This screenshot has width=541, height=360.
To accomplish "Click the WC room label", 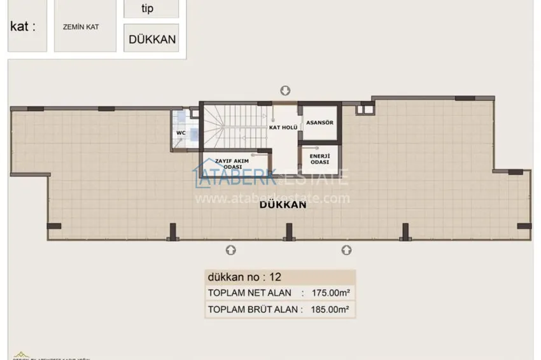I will tap(180, 133).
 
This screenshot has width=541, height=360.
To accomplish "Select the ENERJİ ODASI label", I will tap(319, 158).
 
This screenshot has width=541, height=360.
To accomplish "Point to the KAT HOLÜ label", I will tap(285, 127).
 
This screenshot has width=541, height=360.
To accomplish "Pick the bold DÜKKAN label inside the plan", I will tap(284, 205).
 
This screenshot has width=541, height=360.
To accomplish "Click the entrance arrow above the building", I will tap(285, 90).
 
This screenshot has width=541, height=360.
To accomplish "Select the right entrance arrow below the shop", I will tap(346, 249).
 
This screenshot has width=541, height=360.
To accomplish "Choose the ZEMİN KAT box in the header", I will tap(85, 27).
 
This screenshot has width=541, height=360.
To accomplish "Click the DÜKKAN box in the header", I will tap(152, 39).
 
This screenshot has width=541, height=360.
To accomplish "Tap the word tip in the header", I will tap(150, 8).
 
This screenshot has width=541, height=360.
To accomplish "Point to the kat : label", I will tap(23, 27).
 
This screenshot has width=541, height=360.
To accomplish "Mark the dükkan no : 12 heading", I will tap(244, 277).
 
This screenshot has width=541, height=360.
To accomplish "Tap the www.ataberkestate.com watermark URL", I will tap(272, 198).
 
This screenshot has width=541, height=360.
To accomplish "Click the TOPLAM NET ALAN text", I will tap(249, 293).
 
